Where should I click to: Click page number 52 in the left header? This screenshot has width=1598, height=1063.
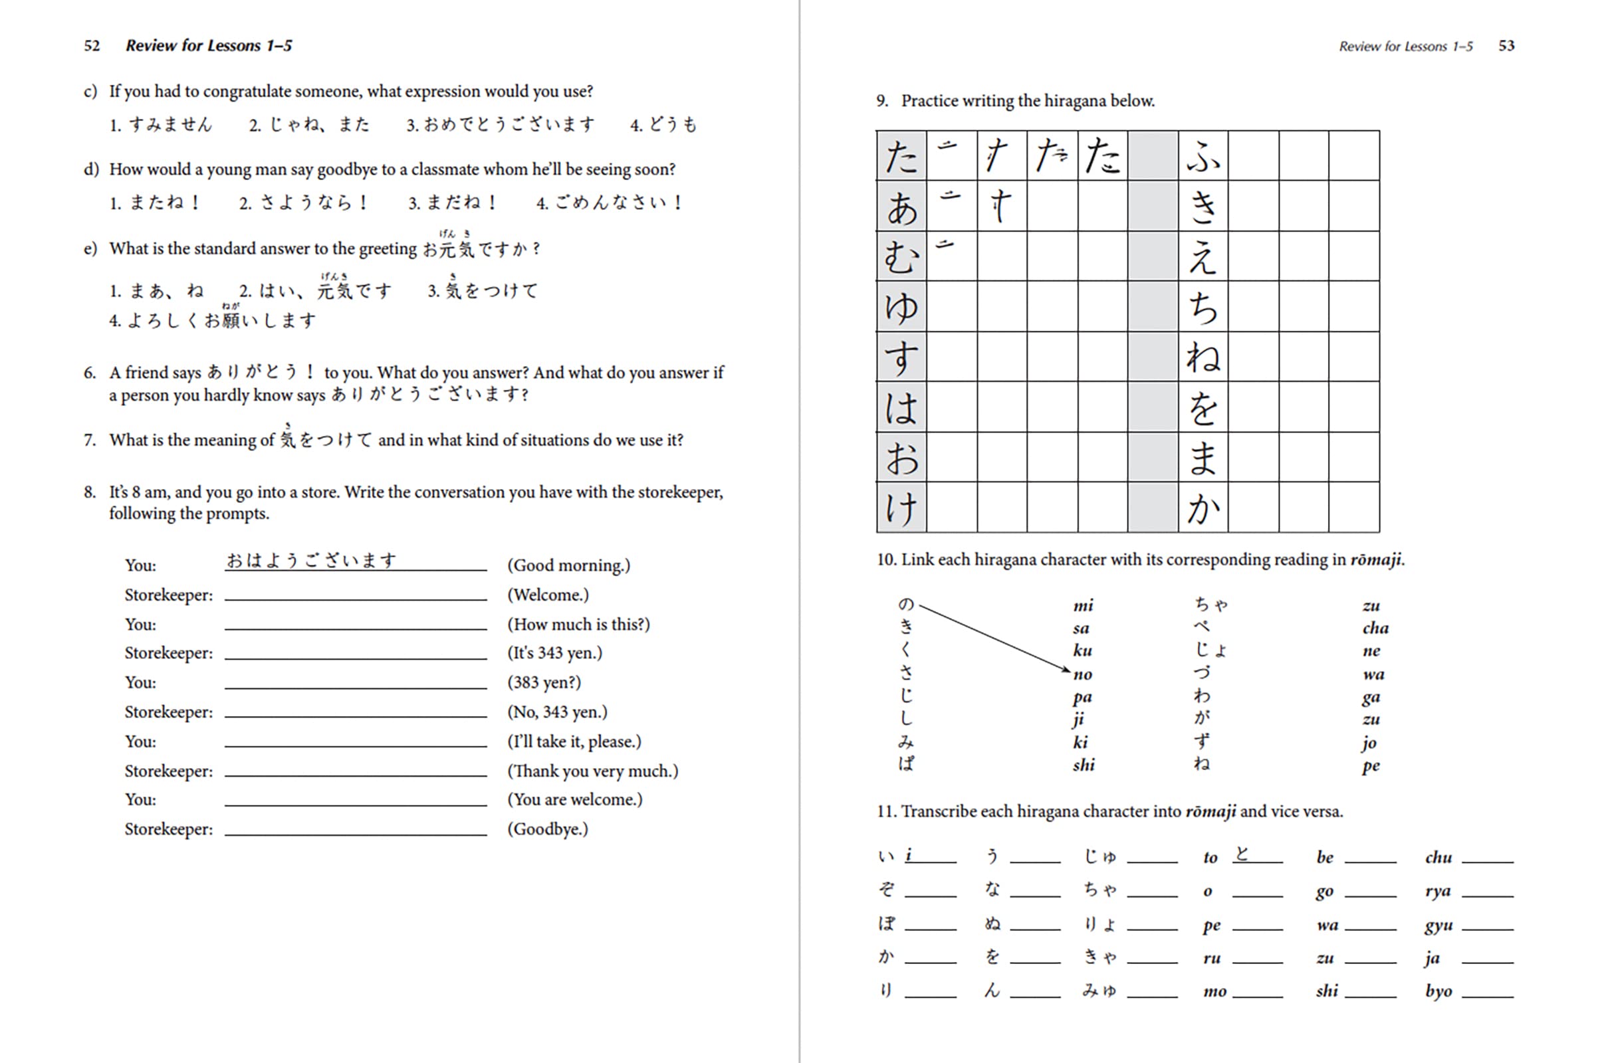92,45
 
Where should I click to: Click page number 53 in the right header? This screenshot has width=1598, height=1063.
1506,45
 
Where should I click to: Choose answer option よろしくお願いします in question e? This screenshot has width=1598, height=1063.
221,320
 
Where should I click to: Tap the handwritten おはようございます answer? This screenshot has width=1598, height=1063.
310,561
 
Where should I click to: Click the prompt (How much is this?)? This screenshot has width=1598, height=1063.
578,624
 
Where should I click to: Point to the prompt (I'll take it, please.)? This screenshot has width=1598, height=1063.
574,741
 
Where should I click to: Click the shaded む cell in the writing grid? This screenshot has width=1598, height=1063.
901,257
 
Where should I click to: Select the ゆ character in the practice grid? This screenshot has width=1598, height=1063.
901,307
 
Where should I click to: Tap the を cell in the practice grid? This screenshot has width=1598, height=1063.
1202,407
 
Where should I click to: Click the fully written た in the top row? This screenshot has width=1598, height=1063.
1102,156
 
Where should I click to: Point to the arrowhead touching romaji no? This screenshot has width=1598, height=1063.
1067,670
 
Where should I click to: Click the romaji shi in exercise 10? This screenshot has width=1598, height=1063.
1084,765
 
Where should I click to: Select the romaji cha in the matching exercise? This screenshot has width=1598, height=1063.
1375,628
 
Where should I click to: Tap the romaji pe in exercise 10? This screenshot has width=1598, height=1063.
1370,766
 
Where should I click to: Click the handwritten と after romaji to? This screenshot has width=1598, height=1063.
1241,854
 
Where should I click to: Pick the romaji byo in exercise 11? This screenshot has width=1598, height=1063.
1438,991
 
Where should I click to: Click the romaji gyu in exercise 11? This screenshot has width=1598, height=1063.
1438,925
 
